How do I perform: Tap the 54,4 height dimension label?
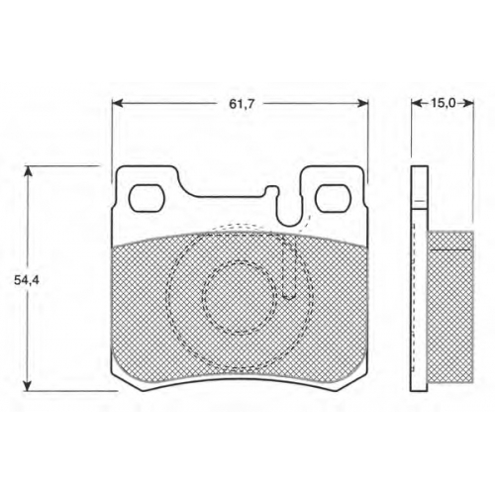tap(27, 280)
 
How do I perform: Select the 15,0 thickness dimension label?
tap(443, 104)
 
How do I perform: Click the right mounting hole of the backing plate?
tap(333, 198)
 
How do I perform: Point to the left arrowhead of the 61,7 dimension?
tap(118, 104)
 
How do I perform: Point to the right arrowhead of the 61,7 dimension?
tap(363, 104)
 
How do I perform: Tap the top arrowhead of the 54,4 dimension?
tap(29, 172)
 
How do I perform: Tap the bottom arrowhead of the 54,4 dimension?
tap(29, 385)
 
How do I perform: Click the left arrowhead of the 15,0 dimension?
tap(417, 104)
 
